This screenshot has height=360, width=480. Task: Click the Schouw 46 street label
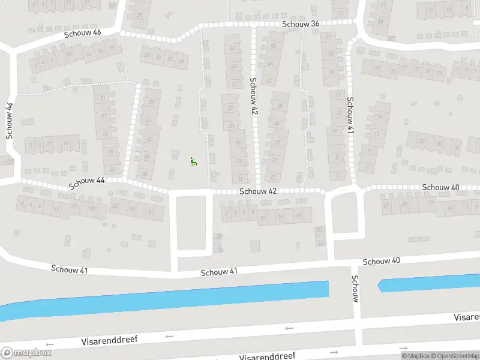tap(83, 34)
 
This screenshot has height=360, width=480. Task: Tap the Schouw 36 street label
tap(302, 23)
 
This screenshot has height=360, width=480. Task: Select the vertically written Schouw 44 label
tap(9, 121)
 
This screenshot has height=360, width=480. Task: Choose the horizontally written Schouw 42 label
tap(258, 191)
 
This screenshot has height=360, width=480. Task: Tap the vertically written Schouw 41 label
tap(350, 115)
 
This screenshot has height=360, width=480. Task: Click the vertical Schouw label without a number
tap(355, 289)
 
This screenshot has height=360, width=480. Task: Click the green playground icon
tap(193, 161)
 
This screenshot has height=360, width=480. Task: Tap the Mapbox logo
tap(26, 353)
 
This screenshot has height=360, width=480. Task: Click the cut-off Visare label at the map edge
tap(466, 316)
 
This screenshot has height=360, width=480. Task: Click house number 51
tap(104, 98)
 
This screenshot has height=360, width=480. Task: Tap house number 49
tap(232, 48)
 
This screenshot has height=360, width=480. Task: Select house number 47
tap(104, 115)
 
